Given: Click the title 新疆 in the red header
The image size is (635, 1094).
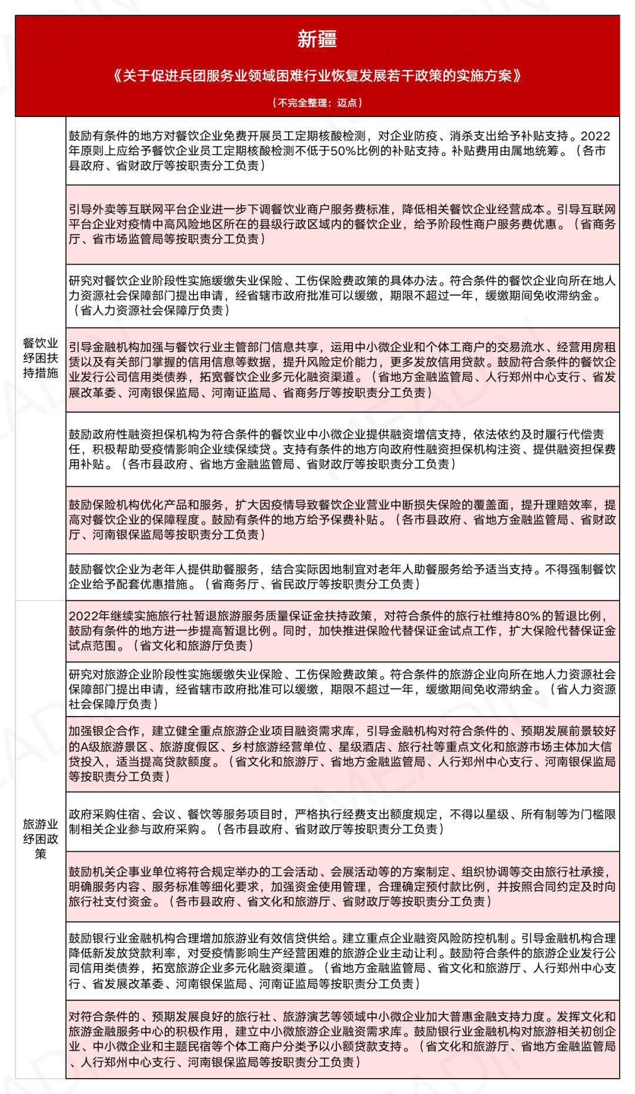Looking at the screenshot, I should [x=317, y=39].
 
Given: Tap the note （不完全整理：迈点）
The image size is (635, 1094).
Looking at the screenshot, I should [x=317, y=102].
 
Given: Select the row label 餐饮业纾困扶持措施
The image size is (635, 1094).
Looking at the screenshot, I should [x=40, y=357].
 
